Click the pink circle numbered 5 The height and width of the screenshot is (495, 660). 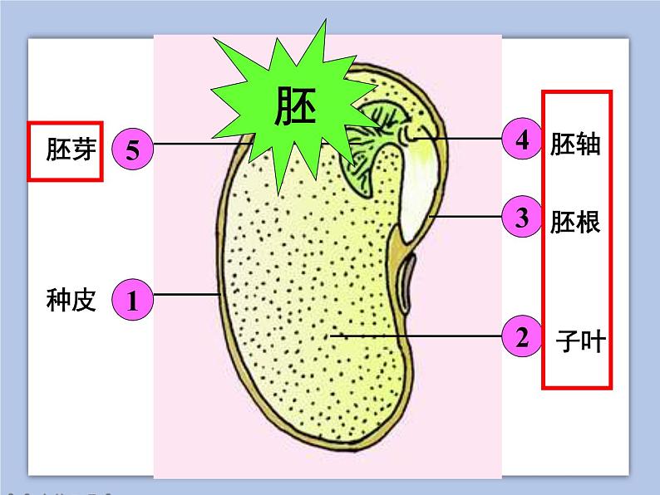click(132, 149)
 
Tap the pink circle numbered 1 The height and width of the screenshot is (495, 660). click(132, 300)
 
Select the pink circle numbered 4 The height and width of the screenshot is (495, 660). click(522, 139)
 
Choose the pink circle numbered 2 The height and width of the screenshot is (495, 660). click(522, 337)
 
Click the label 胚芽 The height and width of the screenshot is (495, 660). click(71, 149)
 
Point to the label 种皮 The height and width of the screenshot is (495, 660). click(71, 300)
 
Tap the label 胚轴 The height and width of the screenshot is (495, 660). click(575, 144)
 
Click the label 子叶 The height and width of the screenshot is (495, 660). click(581, 340)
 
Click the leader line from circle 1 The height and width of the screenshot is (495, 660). click(187, 294)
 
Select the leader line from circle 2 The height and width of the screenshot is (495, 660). click(416, 336)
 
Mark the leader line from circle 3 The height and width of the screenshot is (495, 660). click(465, 218)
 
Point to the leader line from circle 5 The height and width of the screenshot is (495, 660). click(199, 144)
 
